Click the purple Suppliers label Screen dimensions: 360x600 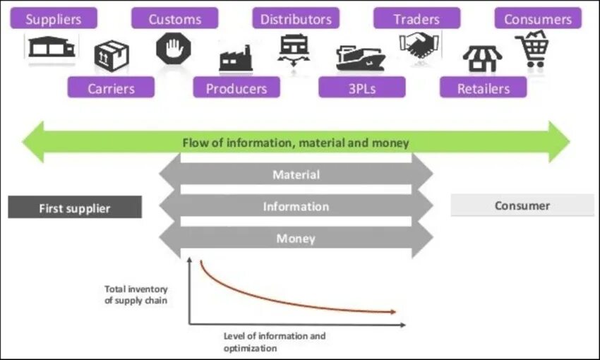click(53, 19)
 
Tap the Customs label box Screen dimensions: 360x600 click(174, 19)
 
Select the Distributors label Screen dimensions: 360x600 click(296, 19)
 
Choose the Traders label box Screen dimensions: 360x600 click(416, 19)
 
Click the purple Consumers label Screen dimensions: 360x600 click(538, 19)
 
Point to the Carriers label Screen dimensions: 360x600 click(111, 88)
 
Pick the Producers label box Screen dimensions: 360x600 click(236, 88)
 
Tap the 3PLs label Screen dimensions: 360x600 click(361, 88)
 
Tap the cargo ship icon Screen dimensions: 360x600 click(360, 59)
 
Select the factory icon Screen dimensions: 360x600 click(236, 59)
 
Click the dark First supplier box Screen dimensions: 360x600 click(75, 208)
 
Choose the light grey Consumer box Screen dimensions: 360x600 click(522, 205)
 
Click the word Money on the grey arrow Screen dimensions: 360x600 click(296, 239)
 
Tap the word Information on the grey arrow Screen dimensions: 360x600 click(296, 207)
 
